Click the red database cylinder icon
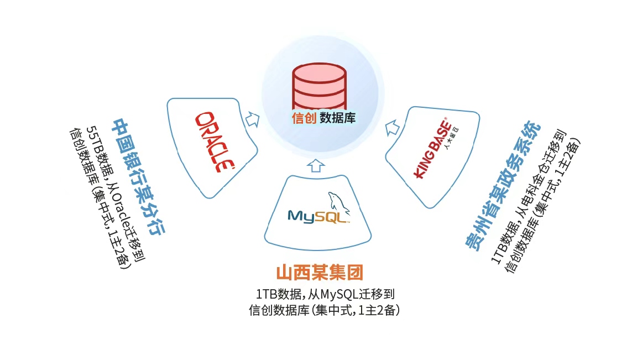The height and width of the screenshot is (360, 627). pos(320,86)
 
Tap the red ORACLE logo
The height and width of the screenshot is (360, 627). pos(214,142)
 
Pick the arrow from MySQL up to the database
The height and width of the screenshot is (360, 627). pos(315,164)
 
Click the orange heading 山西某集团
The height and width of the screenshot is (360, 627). pos(319,273)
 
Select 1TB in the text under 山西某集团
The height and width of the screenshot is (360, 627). pos(265,294)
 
